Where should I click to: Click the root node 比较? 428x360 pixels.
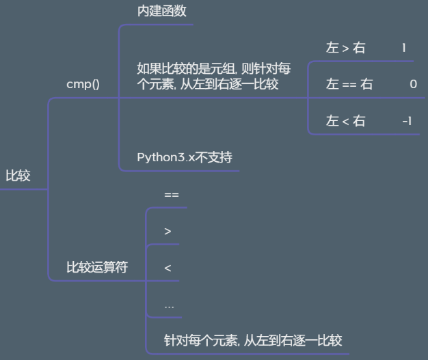18,176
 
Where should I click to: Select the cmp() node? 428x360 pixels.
83,85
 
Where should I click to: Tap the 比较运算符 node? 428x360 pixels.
96,267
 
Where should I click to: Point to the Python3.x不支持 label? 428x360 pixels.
185,157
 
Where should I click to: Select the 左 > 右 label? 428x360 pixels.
345,48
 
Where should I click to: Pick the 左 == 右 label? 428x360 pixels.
349,84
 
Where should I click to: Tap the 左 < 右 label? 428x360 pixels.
345,121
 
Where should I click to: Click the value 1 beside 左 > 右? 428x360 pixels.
403,48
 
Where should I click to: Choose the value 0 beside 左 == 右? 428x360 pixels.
413,84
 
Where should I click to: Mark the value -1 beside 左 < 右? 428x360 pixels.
407,121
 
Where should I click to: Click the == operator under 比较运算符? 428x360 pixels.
171,195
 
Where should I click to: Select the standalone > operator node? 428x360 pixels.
168,231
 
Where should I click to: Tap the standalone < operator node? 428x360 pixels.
168,268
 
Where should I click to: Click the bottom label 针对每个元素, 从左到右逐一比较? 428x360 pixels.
253,340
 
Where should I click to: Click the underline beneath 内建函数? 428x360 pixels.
157,25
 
